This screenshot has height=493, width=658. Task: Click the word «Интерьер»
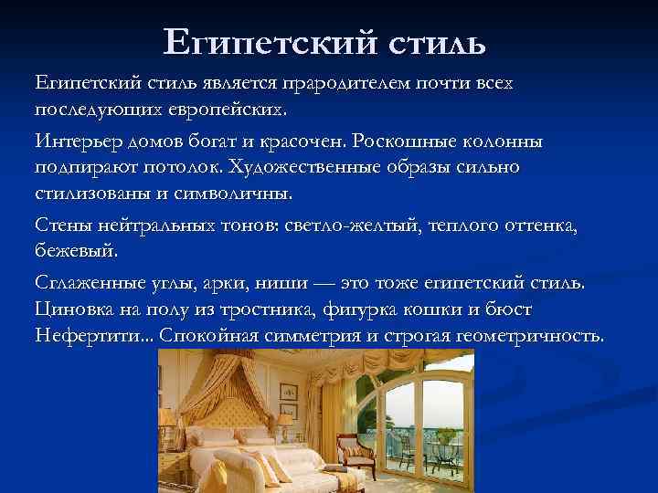point(74,143)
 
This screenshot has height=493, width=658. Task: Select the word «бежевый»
point(77,248)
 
